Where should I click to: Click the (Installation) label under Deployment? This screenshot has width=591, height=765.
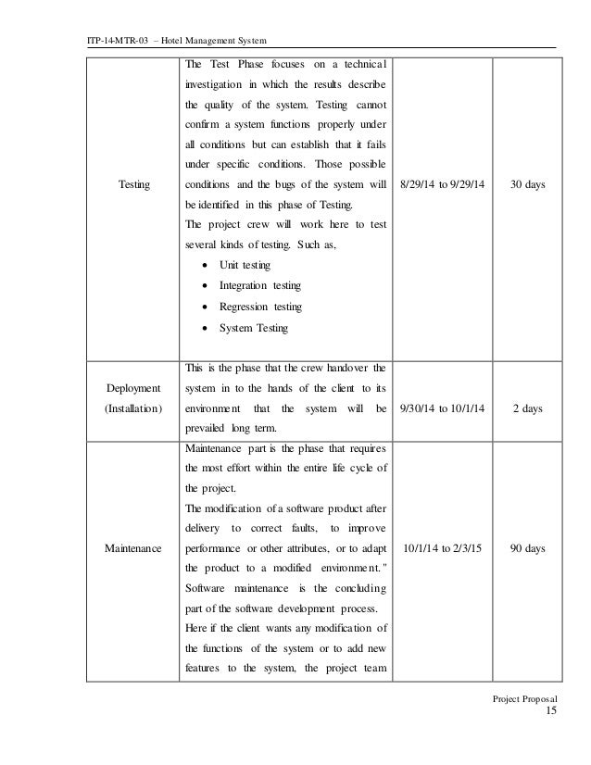(x=133, y=408)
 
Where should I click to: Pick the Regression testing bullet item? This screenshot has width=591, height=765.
(x=259, y=307)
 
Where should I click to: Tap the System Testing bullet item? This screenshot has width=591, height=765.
(x=253, y=328)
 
